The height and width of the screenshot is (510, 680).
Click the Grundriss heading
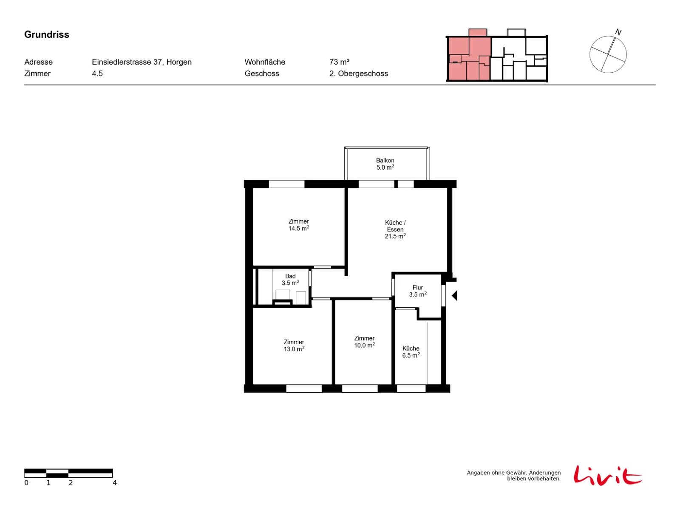tap(46, 34)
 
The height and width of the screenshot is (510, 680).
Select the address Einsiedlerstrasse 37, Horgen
tap(141, 62)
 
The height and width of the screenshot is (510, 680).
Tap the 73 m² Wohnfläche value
tap(339, 62)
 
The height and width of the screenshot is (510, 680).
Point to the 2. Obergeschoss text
tap(358, 74)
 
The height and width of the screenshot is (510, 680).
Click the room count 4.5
tap(97, 74)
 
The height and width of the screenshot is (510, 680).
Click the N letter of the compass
tap(618, 32)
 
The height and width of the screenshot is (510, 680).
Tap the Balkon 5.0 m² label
tap(385, 164)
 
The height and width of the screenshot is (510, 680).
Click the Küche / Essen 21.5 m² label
tap(395, 229)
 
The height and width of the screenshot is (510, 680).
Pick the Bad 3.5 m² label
tap(290, 279)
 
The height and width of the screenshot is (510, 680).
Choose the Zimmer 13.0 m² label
tap(294, 345)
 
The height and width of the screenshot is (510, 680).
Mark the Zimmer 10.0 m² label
tap(364, 342)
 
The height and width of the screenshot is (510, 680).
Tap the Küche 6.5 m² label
tap(411, 352)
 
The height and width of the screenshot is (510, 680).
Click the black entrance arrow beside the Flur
tap(454, 295)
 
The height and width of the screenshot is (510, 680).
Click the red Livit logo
tap(607, 475)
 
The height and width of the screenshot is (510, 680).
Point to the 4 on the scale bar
tap(115, 482)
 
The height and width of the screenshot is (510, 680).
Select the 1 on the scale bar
tap(48, 482)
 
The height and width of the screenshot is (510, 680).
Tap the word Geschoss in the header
tap(261, 74)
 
